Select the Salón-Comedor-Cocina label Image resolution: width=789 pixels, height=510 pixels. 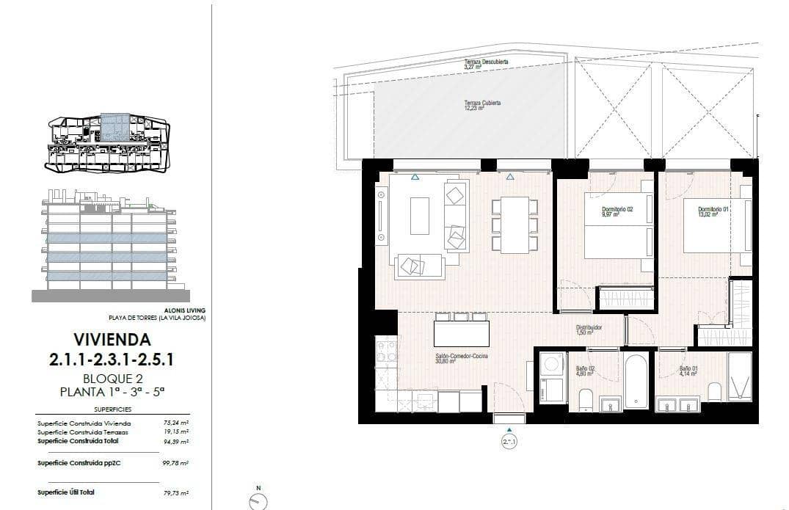click(462, 358)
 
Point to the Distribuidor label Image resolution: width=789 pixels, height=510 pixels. click(589, 330)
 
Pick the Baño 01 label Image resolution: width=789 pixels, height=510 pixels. click(688, 370)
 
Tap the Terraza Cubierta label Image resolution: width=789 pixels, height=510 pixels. click(482, 105)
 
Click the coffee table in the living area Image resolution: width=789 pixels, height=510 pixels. click(419, 216)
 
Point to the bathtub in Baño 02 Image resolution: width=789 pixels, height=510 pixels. click(636, 381)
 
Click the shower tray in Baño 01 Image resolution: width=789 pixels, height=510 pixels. click(739, 376)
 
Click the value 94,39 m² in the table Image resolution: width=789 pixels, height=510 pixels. click(176, 442)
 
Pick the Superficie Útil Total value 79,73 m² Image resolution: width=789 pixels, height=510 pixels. click(176, 493)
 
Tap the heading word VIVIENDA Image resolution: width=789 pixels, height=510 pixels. click(112, 340)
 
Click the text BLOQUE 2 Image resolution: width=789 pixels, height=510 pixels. click(112, 379)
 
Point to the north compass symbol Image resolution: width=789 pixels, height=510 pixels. click(258, 501)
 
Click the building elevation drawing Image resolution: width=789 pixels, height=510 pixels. click(110, 246)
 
